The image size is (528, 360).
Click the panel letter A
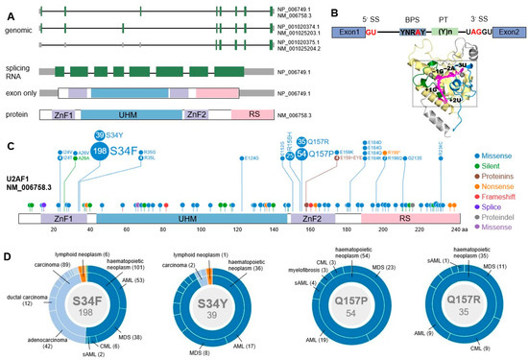point(8,8)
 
